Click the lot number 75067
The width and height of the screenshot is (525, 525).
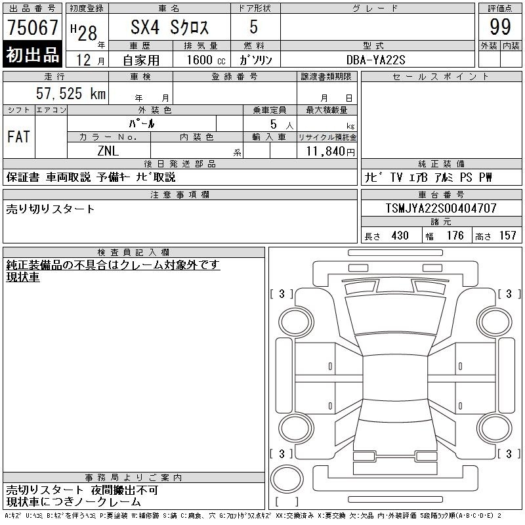[32, 27]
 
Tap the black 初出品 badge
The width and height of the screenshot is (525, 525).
[32, 54]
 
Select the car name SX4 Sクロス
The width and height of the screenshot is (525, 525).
[169, 27]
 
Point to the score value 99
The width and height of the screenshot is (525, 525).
[500, 27]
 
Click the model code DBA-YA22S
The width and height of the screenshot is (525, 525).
[375, 60]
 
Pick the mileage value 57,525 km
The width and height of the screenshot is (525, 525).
[71, 93]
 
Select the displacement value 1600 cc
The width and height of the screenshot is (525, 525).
[206, 60]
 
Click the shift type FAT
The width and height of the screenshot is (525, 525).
[19, 136]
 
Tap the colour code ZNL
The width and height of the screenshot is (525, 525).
[108, 151]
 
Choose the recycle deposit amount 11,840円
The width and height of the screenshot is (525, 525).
[330, 152]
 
